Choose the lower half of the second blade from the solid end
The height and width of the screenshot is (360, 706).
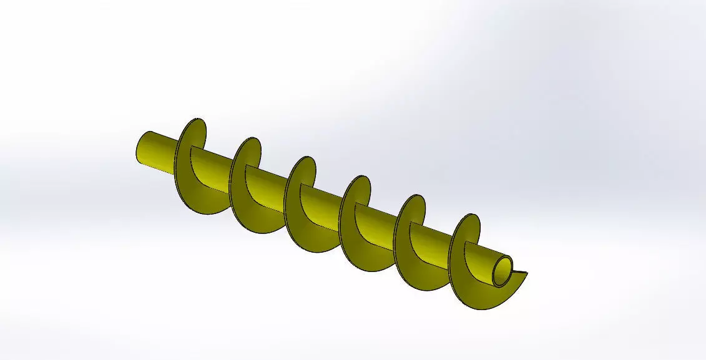pyautogui.click(x=253, y=218)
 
